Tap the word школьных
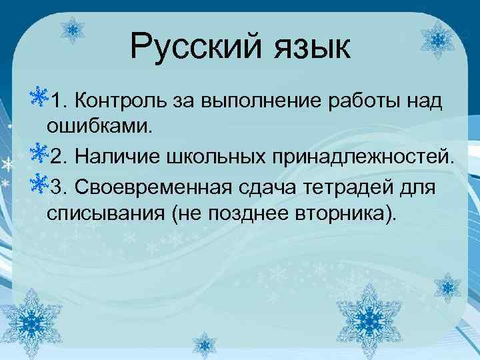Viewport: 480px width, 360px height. pyautogui.click(x=213, y=156)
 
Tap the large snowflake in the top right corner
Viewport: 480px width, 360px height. pyautogui.click(x=437, y=40)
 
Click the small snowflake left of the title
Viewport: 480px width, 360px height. pyautogui.click(x=73, y=30)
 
